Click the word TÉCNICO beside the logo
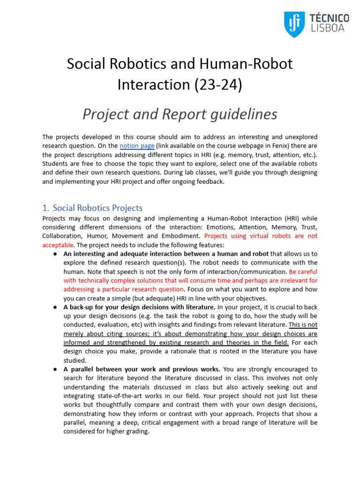(x=329, y=18)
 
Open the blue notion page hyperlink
(x=137, y=146)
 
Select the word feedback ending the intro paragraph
(x=210, y=181)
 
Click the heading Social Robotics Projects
(x=97, y=208)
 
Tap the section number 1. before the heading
(x=45, y=208)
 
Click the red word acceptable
(x=58, y=245)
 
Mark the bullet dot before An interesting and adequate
(x=55, y=254)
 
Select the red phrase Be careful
(x=303, y=271)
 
